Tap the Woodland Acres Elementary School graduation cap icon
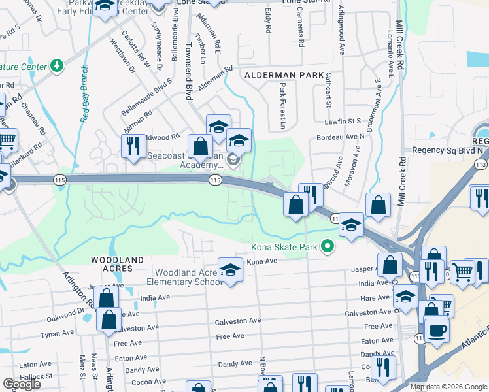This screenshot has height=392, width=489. [230, 270]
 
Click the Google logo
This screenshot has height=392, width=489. [22, 384]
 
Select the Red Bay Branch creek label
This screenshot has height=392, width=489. [84, 93]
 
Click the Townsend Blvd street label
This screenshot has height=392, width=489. [188, 72]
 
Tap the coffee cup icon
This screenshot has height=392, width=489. [436, 329]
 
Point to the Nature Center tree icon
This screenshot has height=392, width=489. [58, 66]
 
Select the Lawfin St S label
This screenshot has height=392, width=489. [343, 121]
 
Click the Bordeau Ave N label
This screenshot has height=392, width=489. [339, 137]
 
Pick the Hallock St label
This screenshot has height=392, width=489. [36, 376]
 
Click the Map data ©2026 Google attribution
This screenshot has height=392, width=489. [448, 387]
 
